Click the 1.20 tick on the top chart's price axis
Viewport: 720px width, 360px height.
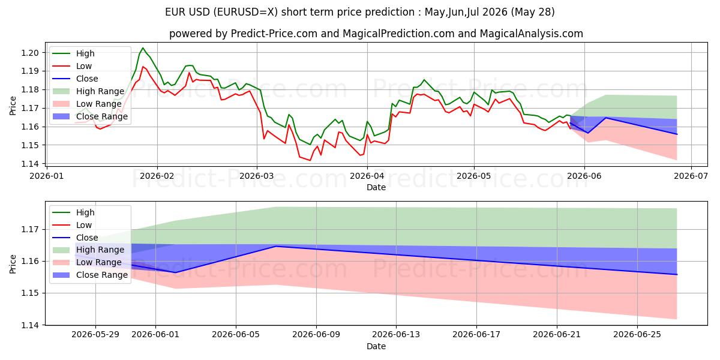point(30,53)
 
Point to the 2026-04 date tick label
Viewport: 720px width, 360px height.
point(367,176)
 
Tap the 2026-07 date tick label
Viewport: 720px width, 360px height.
point(691,176)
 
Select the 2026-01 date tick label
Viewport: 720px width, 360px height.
point(47,176)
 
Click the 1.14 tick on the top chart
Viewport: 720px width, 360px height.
point(30,164)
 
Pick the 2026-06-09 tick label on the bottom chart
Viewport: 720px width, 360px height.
point(316,335)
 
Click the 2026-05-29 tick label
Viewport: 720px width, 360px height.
point(95,335)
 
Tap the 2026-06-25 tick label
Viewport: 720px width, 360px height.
point(637,335)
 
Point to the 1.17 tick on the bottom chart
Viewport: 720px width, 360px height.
point(30,229)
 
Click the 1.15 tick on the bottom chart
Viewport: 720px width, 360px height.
point(30,293)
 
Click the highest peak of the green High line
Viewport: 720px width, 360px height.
point(143,48)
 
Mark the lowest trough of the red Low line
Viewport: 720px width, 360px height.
point(310,160)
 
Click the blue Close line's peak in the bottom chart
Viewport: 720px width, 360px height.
point(276,247)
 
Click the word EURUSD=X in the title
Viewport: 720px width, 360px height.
point(247,12)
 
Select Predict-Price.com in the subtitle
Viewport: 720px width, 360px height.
point(274,34)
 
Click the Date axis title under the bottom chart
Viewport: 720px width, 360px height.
point(376,346)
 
